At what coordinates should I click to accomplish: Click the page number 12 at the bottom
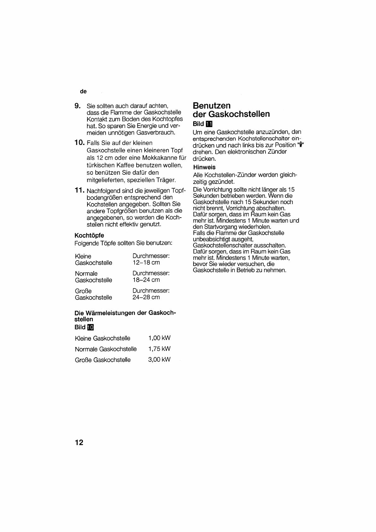tap(79, 442)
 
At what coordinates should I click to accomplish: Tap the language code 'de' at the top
tap(83, 91)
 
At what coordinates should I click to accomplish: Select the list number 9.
tap(77, 106)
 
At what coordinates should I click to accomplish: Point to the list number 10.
tap(79, 142)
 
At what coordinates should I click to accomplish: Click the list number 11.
tap(79, 190)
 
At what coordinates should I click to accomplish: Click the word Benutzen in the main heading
tap(212, 106)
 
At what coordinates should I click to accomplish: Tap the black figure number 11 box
tap(209, 124)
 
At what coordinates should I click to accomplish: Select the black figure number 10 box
tap(90, 327)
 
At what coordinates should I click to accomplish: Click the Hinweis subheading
tap(204, 167)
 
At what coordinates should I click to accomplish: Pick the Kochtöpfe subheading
tap(89, 235)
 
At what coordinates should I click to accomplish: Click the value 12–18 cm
tap(146, 263)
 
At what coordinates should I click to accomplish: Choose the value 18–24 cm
tap(146, 280)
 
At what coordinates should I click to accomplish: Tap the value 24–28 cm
tap(146, 297)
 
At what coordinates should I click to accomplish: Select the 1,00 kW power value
tap(159, 338)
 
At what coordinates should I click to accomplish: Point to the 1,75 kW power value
tap(159, 349)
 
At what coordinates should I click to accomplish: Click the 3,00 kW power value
tap(159, 360)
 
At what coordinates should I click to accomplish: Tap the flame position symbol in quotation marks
tap(301, 145)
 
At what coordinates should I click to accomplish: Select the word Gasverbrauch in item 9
tap(156, 133)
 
